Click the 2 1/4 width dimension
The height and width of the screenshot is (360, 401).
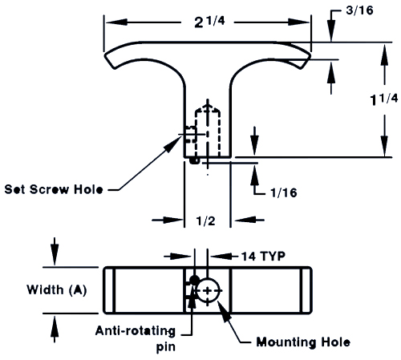[x=209, y=22]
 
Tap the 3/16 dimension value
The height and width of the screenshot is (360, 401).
[x=359, y=10]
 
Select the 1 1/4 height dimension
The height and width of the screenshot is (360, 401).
[x=384, y=99]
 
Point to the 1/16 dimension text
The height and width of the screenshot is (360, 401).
[x=284, y=192]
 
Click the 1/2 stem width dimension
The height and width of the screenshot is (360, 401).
[x=205, y=221]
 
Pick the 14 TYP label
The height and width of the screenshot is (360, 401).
[x=263, y=257]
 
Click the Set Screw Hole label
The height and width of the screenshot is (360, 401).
[x=54, y=189]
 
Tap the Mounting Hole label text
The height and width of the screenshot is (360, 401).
[x=303, y=342]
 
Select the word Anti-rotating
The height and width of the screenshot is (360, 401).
[x=136, y=331]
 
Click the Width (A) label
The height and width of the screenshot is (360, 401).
[x=57, y=289]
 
